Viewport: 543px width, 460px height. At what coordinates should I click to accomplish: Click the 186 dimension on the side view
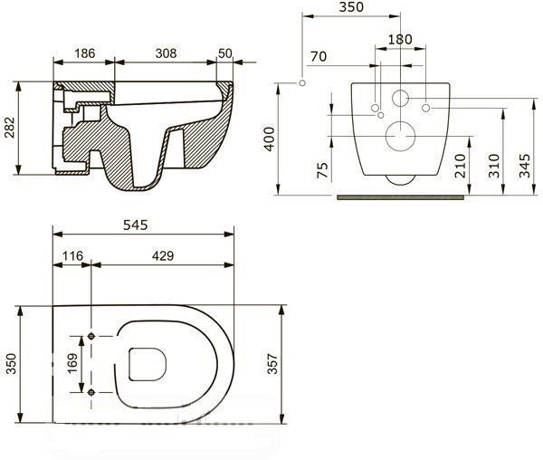click(84, 54)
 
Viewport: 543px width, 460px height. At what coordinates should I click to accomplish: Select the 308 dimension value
click(165, 54)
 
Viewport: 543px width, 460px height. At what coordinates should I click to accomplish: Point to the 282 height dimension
click(10, 128)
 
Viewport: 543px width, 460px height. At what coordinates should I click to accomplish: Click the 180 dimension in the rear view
click(399, 39)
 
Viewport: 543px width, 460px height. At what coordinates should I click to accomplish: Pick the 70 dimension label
click(318, 56)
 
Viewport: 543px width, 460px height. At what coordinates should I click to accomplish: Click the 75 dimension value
click(323, 172)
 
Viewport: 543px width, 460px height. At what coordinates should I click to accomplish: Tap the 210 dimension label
click(462, 165)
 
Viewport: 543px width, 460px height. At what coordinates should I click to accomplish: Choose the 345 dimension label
click(526, 165)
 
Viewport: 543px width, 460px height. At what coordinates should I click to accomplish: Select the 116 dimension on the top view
click(73, 257)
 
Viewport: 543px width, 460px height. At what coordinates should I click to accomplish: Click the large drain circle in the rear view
click(399, 136)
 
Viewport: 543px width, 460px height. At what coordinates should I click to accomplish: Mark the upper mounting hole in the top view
click(91, 336)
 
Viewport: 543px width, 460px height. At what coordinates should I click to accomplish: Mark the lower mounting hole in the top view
click(91, 391)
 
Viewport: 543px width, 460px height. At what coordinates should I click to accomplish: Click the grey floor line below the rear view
click(403, 193)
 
